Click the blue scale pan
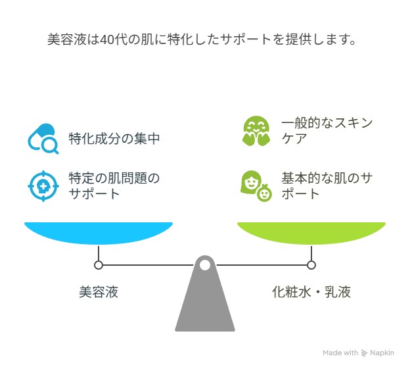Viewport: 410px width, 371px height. [99, 233]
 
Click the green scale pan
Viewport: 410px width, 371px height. [311, 233]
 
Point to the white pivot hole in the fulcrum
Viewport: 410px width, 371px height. [205, 265]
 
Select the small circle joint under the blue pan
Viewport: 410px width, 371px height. [99, 265]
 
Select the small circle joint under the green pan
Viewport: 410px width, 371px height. [311, 265]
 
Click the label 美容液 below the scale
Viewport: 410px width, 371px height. [99, 291]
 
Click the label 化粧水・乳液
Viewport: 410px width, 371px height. [311, 291]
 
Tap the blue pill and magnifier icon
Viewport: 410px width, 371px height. [43, 139]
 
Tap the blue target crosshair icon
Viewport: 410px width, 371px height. [43, 186]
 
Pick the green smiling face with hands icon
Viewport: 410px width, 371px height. [256, 131]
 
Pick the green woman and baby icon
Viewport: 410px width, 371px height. [256, 186]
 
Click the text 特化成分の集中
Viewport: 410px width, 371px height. [114, 139]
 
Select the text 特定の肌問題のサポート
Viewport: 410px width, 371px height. [114, 186]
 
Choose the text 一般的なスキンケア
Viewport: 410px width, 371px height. [327, 131]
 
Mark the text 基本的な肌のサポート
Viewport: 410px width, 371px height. [327, 186]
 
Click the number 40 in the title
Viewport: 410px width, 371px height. [107, 39]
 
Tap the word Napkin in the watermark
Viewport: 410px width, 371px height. [382, 353]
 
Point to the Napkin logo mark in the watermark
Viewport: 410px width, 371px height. [364, 353]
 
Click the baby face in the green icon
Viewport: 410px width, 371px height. [264, 194]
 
